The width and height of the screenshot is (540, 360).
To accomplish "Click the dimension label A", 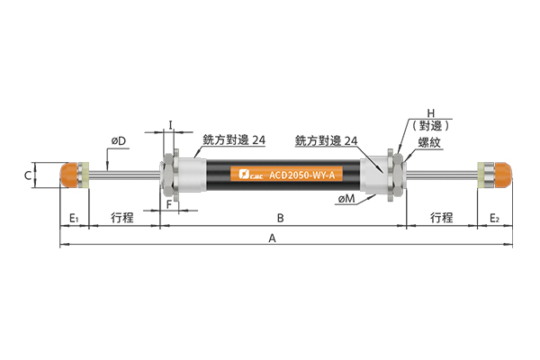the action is [x=273, y=238].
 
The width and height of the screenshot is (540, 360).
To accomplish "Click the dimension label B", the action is [x=280, y=218].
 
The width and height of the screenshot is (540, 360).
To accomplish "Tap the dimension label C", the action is [x=28, y=175].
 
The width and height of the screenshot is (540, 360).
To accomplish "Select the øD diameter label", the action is [x=119, y=141].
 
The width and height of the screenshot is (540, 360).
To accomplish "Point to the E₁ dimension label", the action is [x=75, y=218].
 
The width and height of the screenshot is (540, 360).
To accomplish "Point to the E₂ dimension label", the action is [x=494, y=218].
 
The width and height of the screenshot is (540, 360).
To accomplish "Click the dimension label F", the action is [x=169, y=204].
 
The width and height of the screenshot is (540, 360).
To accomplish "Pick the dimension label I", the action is [x=170, y=124].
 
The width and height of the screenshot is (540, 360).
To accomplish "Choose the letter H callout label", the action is [x=431, y=113].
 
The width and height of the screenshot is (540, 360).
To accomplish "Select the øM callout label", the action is [x=346, y=198].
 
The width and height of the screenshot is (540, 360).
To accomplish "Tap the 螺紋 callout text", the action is [x=429, y=142].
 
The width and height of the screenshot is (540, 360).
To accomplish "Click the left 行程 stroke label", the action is [x=122, y=218].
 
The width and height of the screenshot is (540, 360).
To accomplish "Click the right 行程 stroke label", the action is [x=442, y=218].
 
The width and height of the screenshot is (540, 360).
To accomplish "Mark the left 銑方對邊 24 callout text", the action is [x=234, y=139].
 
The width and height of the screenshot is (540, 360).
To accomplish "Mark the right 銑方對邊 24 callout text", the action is [x=326, y=140].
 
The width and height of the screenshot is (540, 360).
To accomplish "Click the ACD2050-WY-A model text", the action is [x=302, y=175].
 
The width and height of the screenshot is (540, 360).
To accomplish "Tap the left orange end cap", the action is [x=69, y=175].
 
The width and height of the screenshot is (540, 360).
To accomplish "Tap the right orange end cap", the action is [x=503, y=175].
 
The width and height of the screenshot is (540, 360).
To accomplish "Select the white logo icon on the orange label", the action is [x=244, y=174].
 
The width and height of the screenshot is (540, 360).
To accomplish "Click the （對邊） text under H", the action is [x=431, y=126].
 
